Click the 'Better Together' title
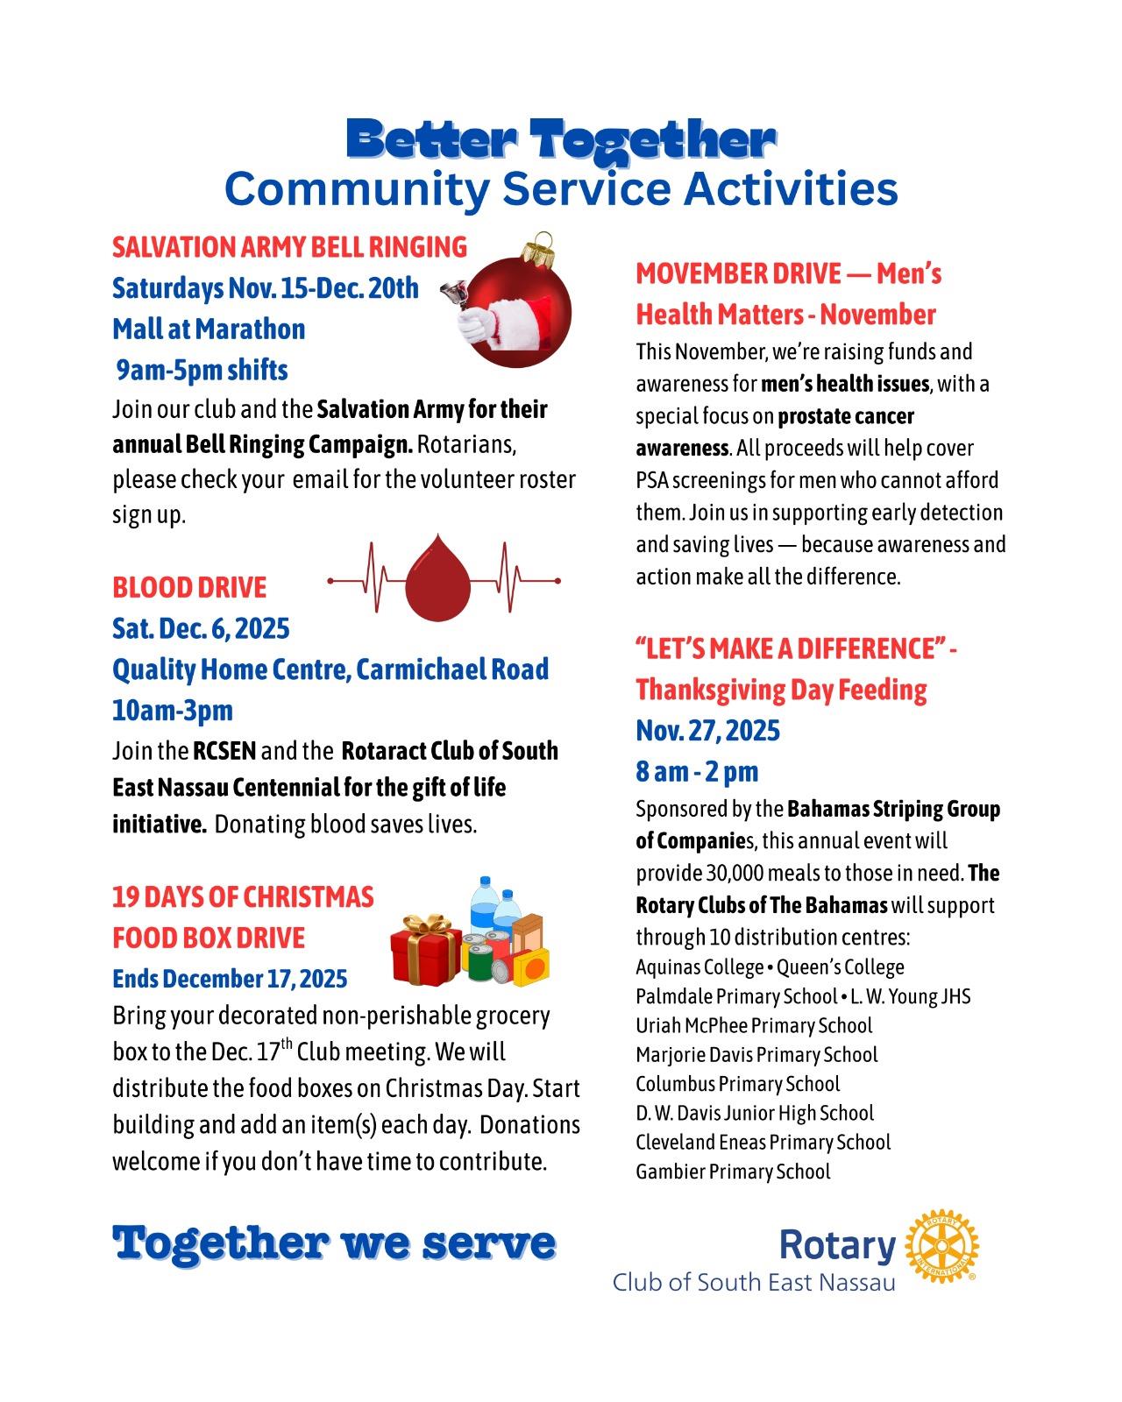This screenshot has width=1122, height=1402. point(561,140)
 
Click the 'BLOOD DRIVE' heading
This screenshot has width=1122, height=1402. point(189,587)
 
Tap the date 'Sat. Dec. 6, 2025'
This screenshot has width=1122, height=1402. point(201,628)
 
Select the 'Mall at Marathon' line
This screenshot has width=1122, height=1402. point(209,329)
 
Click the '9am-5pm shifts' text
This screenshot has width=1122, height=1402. point(202,370)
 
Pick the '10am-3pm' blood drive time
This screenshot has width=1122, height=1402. point(173,711)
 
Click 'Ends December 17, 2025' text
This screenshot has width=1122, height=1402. point(230,978)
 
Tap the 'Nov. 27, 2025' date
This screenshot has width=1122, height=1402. point(707,730)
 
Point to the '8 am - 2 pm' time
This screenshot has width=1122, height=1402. point(697,771)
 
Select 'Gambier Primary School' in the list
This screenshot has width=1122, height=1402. point(733,1172)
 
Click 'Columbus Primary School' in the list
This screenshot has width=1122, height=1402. point(738,1084)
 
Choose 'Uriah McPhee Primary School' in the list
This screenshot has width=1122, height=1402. point(754,1025)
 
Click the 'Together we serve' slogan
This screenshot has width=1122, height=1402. point(334,1243)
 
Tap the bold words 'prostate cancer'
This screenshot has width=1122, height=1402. point(846,416)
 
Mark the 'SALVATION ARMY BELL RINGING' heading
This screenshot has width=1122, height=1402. point(289,247)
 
